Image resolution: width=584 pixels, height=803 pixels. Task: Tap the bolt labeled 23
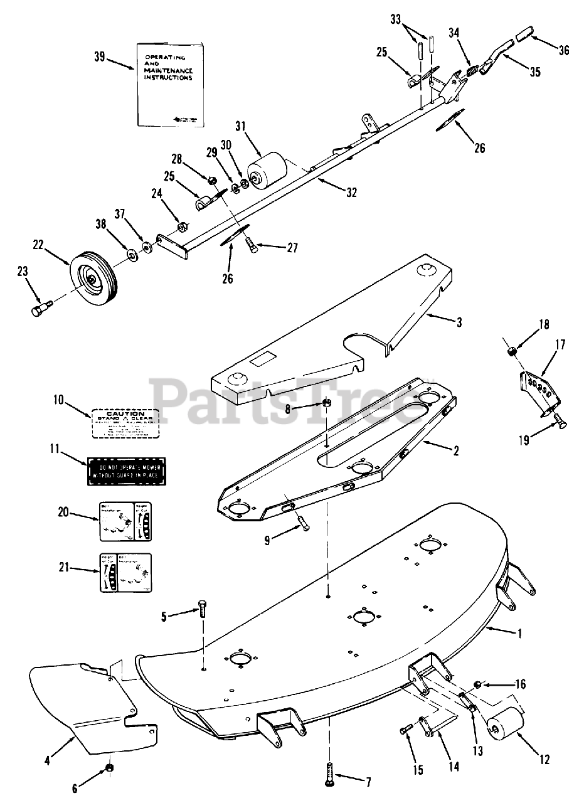point(40,309)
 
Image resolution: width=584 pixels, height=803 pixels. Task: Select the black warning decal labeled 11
point(126,471)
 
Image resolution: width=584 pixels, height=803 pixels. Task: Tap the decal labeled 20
point(125,521)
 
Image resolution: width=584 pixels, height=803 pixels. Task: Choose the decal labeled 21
point(125,572)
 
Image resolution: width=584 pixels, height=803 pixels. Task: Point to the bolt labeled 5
point(203,610)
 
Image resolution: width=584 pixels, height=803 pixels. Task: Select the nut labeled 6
point(110,768)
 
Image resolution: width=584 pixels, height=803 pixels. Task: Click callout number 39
point(99,56)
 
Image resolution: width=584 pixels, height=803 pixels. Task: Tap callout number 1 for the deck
point(518,633)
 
